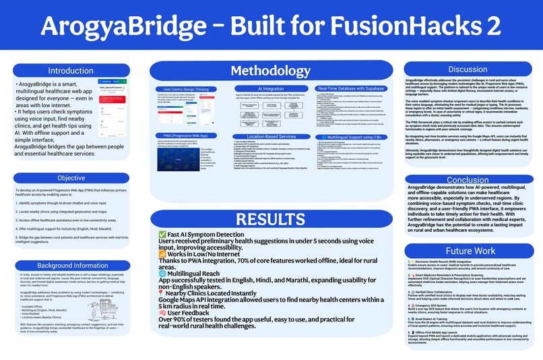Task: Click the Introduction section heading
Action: pyautogui.click(x=71, y=71)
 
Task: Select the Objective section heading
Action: pyautogui.click(x=71, y=179)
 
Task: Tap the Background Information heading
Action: pyautogui.click(x=72, y=266)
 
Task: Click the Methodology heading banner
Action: pyautogui.click(x=270, y=71)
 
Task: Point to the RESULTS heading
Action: pyautogui.click(x=270, y=219)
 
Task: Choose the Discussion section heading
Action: pyautogui.click(x=467, y=69)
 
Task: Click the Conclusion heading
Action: pyautogui.click(x=467, y=180)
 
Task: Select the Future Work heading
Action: pyautogui.click(x=467, y=250)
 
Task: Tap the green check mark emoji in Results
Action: pyautogui.click(x=162, y=234)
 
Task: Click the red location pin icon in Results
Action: pyautogui.click(x=162, y=294)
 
